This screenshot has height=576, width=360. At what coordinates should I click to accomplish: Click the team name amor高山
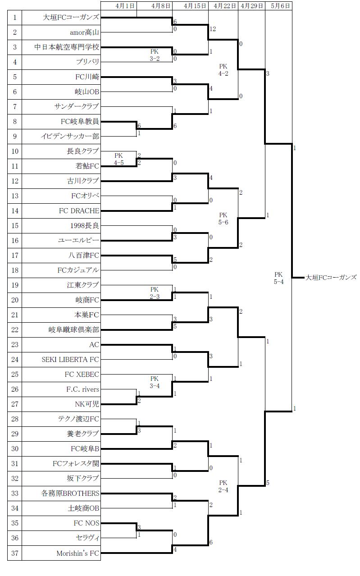coord(84,32)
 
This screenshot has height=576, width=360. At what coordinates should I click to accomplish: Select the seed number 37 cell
coord(15,553)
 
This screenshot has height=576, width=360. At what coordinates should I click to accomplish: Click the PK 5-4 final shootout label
coord(278,278)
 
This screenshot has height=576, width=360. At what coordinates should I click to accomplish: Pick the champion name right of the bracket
coord(331,278)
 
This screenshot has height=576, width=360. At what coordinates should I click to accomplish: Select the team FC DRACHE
coord(79,210)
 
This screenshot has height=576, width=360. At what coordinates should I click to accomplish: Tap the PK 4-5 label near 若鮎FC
coord(118,159)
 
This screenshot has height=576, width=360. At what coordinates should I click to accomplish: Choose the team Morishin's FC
coord(77,553)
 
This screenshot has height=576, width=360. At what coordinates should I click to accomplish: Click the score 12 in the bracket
coord(213,29)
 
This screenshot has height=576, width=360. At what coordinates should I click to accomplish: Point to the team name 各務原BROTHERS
coord(69,494)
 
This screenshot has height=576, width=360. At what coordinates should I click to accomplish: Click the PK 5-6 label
coord(223,219)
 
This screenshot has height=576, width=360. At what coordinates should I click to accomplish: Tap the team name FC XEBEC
coord(82,375)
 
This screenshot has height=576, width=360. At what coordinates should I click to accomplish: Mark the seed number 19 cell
coord(15,285)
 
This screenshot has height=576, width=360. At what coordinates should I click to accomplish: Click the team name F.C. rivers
coord(82,389)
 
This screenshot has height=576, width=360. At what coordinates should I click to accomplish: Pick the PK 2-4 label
coord(223,487)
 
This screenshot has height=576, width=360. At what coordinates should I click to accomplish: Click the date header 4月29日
coord(252,6)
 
